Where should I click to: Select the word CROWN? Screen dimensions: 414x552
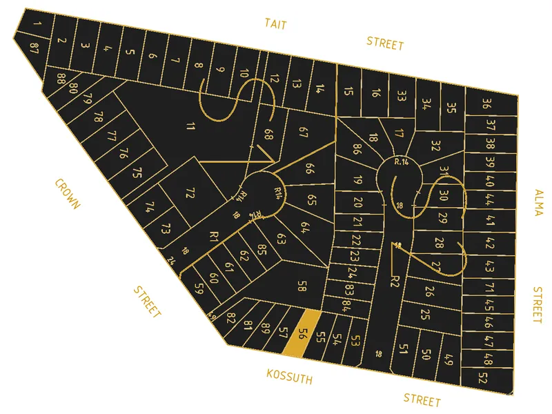tap(68, 194)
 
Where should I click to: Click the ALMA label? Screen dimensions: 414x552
tap(538, 202)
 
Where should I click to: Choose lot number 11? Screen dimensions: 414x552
tap(190, 126)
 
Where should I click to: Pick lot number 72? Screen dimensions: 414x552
tap(191, 193)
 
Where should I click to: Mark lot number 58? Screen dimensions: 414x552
tap(302, 286)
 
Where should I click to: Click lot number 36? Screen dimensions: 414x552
tap(487, 105)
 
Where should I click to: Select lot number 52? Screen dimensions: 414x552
tap(482, 378)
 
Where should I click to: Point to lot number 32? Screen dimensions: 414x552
tap(435, 146)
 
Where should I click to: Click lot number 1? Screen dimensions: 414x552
tap(37, 26)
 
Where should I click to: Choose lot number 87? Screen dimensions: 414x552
tap(34, 46)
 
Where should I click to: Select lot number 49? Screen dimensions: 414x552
tap(448, 359)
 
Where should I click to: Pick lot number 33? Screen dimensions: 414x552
tap(401, 95)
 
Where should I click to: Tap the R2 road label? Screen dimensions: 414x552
tap(395, 280)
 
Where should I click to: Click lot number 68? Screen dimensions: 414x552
tap(268, 134)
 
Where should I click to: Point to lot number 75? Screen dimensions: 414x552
tap(137, 172)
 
